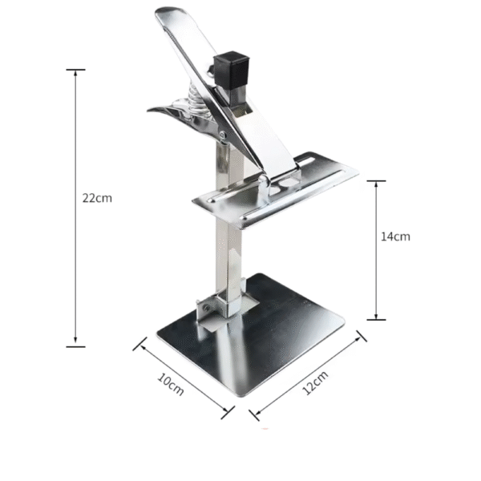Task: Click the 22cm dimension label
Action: [97, 198]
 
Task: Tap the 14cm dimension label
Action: [395, 236]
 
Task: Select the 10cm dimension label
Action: [171, 385]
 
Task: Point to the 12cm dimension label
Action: [315, 382]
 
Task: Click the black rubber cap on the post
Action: [231, 71]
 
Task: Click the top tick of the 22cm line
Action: [75, 70]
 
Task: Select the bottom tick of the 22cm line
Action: [75, 346]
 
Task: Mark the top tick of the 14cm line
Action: [376, 181]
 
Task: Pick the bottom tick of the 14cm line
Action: [376, 320]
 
